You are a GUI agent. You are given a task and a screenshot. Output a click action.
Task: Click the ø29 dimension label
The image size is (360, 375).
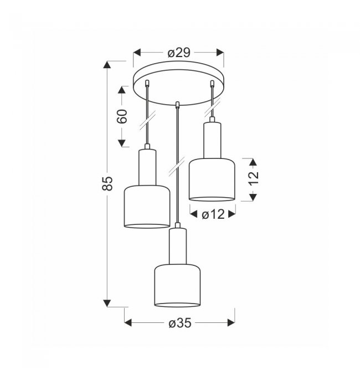tap(179, 53)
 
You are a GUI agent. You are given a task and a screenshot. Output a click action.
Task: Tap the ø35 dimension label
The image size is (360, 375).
tap(180, 323)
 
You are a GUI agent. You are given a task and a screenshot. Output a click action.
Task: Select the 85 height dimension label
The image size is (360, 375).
tap(107, 183)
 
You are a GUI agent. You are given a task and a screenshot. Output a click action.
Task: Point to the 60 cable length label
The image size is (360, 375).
tap(122, 116)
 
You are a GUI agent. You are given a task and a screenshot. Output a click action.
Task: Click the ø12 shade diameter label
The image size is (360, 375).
tap(213, 214)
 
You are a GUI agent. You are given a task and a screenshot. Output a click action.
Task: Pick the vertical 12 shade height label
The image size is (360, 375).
tap(254, 178)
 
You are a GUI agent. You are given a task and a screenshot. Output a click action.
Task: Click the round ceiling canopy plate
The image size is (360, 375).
tap(179, 83)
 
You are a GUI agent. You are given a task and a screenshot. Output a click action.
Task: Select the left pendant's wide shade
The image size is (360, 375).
tap(147, 207)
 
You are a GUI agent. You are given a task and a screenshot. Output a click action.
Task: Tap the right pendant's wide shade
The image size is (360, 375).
tap(212, 179)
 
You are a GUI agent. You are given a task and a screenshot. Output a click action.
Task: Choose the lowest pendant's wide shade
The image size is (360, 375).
tap(177, 285)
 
